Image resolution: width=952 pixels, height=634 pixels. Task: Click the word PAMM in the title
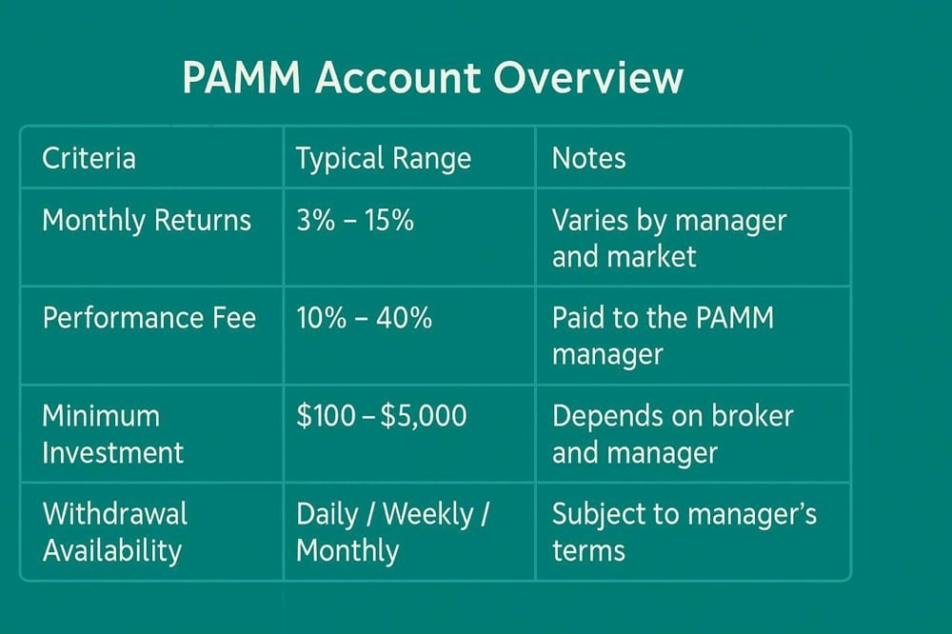coord(242,78)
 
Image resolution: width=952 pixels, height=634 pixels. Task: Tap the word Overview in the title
coord(588,78)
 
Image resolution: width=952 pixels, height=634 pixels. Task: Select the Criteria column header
coord(89,158)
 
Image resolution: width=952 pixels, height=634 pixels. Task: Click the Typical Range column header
coord(383,159)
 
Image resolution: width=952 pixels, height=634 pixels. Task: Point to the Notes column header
coord(588,158)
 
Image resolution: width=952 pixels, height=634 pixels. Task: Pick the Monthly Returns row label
coord(147,221)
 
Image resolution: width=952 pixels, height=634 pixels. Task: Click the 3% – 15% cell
coord(354,220)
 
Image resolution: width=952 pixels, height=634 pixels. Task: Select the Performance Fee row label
coord(149,318)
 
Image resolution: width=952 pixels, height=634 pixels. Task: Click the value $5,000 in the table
coord(424,417)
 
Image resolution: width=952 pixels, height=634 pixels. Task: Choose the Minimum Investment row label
coord(112,434)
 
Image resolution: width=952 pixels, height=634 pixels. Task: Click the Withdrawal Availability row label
coord(115,532)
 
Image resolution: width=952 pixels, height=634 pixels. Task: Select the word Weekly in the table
coord(428,515)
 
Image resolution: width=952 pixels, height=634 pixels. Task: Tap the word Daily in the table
coord(327,515)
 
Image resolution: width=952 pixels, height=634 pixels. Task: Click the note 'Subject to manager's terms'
coord(684,532)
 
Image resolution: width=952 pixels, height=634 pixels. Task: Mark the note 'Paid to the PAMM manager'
coord(663,336)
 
